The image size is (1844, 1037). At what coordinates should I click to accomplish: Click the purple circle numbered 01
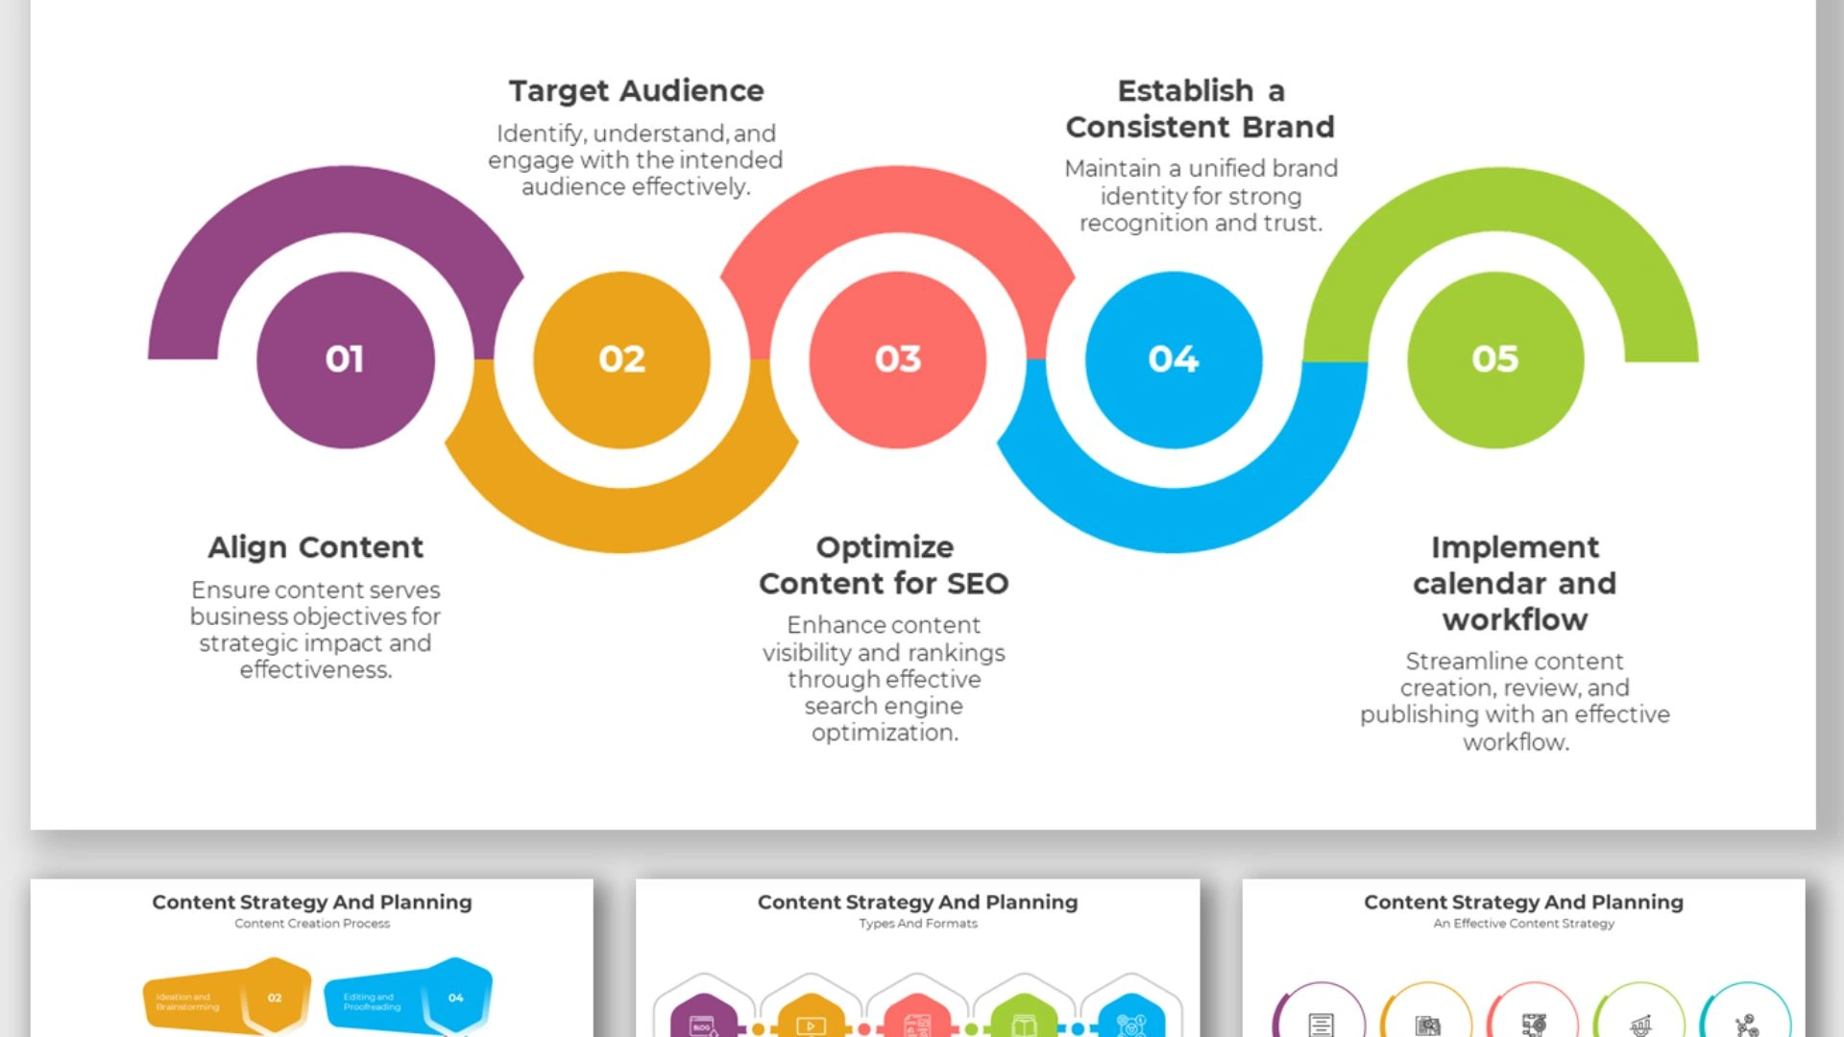tap(345, 360)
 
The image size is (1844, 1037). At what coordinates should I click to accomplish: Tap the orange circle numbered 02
tap(621, 360)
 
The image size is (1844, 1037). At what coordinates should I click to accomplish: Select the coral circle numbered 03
tap(897, 360)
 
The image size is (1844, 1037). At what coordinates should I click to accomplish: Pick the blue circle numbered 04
tap(1173, 360)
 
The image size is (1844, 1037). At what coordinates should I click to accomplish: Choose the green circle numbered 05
tap(1494, 360)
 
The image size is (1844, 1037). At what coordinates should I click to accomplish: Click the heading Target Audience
tap(636, 91)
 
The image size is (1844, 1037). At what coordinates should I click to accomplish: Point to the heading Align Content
tap(315, 547)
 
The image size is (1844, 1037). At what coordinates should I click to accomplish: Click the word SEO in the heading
tap(978, 584)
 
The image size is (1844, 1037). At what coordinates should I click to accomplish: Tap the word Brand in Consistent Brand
tap(1287, 127)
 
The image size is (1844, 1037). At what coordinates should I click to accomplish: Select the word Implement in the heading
tap(1515, 547)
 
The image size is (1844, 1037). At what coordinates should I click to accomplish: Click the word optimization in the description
tap(885, 733)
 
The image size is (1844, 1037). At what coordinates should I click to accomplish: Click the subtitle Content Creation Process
tap(312, 924)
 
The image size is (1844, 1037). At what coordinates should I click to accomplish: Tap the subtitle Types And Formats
tap(917, 924)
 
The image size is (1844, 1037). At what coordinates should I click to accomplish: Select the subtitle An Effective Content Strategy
tap(1523, 924)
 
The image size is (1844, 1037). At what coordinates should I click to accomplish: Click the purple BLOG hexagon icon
tap(703, 1020)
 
